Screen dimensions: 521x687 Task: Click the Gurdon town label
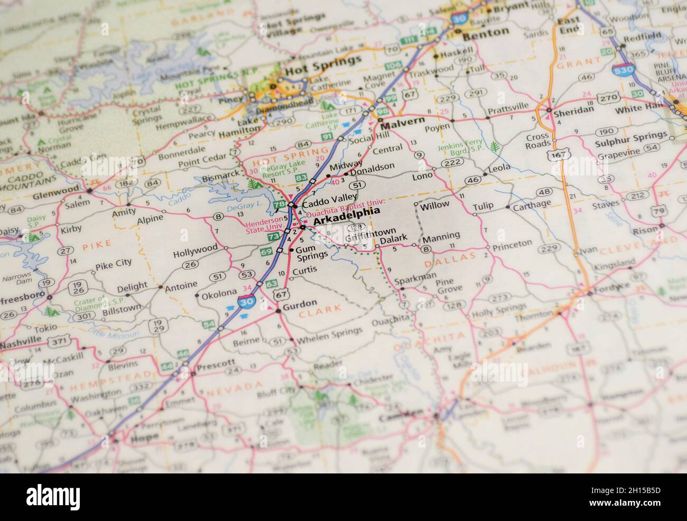(x=300, y=303)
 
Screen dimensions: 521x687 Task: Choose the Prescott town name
(x=216, y=364)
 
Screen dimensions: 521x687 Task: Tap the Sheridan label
(x=573, y=109)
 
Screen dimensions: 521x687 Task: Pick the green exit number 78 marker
(x=280, y=204)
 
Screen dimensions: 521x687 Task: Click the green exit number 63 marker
(x=272, y=285)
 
